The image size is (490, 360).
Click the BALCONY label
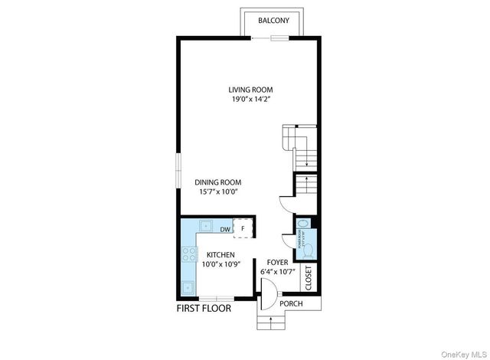point(273,21)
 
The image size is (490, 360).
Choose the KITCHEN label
point(220,255)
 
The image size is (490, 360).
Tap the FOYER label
point(277,261)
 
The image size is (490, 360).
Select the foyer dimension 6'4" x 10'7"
point(277,270)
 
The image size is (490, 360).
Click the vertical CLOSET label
point(309,278)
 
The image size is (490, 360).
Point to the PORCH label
point(291,304)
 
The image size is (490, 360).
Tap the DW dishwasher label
point(225,228)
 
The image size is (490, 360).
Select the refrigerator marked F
point(243,227)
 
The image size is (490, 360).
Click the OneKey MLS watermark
point(462,352)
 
